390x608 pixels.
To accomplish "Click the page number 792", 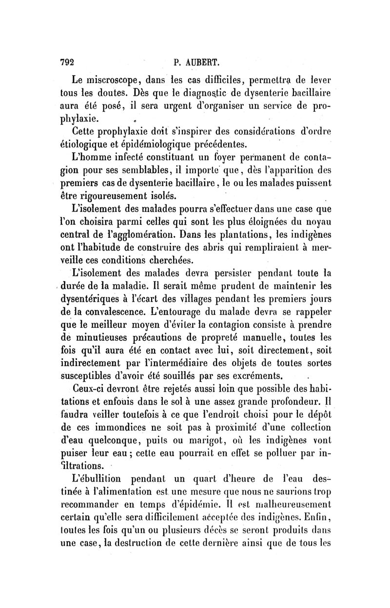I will coord(67,62).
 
